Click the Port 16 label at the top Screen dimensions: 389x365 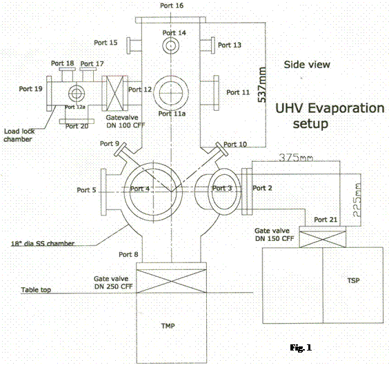[172, 6]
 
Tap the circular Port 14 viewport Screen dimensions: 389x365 [171, 45]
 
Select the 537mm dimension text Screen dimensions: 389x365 [262, 85]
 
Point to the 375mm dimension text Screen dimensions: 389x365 [296, 157]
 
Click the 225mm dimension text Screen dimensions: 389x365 [357, 200]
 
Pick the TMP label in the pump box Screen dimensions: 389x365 [168, 326]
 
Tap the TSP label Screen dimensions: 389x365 [353, 280]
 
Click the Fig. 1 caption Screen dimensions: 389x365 [301, 348]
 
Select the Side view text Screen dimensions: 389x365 [307, 65]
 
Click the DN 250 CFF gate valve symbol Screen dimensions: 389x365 [172, 281]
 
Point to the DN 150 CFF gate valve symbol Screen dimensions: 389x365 [323, 240]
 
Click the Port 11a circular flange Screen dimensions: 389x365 [171, 93]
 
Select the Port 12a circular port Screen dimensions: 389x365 [77, 94]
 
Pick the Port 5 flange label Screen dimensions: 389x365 [86, 190]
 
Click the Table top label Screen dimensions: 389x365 [36, 290]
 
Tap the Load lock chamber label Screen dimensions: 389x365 [19, 135]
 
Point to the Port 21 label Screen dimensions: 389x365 [326, 220]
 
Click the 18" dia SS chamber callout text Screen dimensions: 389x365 [43, 244]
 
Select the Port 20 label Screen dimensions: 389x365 [77, 127]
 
